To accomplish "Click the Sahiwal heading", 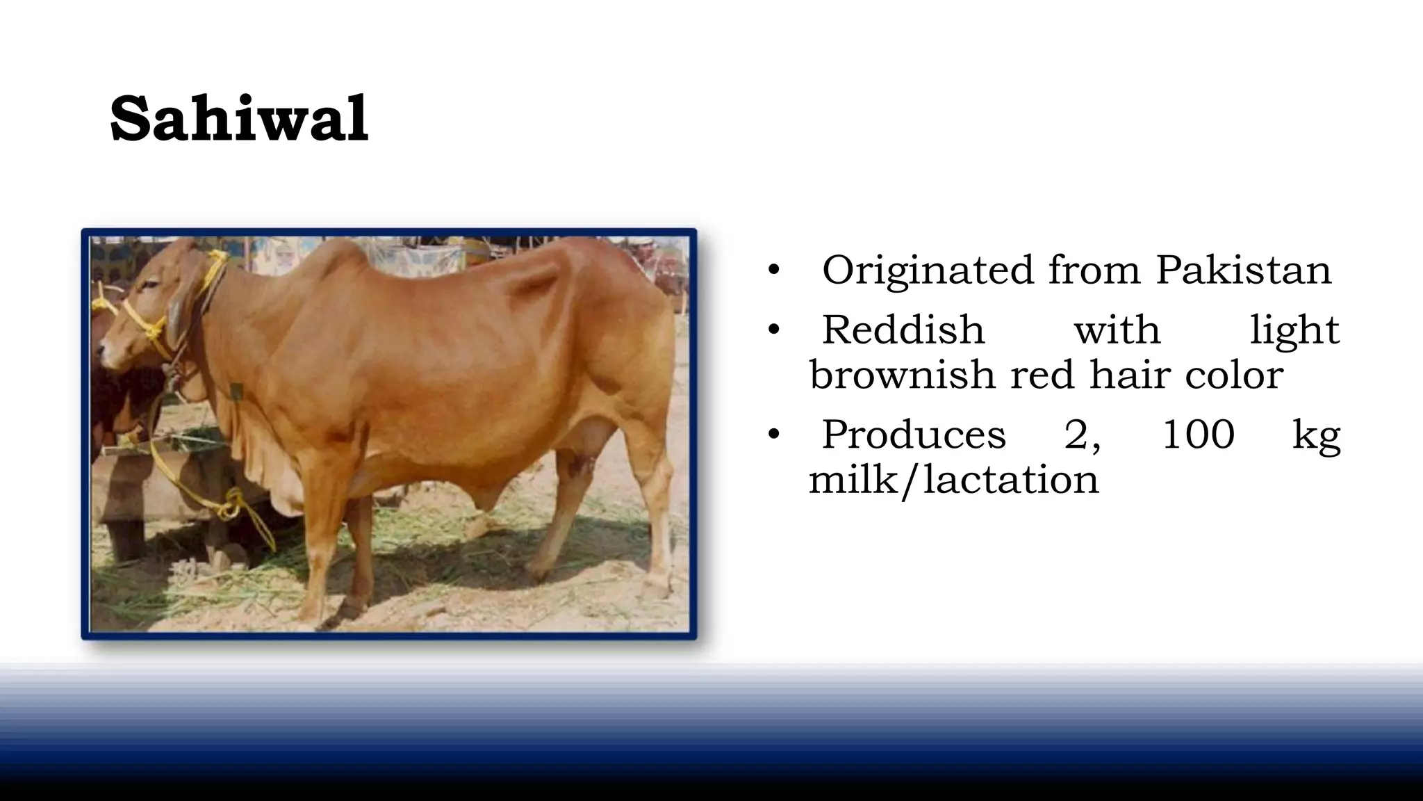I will tap(239, 119).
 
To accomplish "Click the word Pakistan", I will tap(1243, 270).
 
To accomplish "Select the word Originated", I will tap(928, 271).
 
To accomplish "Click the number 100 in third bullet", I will tap(1198, 435).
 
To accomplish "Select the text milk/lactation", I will tap(953, 480).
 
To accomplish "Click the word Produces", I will tap(914, 435).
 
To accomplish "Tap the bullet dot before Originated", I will tap(774, 270).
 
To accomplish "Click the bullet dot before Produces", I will tap(774, 435).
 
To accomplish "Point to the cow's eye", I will tap(148, 286).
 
